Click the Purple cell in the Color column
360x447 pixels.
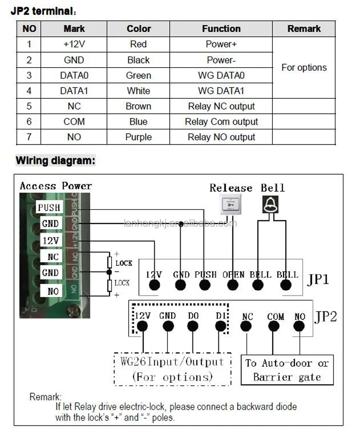(x=138, y=137)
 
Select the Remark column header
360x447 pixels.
(x=304, y=29)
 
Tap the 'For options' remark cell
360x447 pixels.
(x=304, y=68)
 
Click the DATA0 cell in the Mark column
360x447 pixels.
(x=74, y=76)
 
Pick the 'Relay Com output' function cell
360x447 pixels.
(x=221, y=122)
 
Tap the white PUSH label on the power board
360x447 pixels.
(x=49, y=208)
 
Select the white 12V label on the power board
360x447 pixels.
(x=50, y=241)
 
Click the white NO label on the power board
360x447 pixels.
(x=52, y=291)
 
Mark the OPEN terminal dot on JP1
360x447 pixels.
(x=232, y=285)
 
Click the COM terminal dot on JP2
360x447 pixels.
(x=274, y=326)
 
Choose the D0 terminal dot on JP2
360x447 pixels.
(x=193, y=326)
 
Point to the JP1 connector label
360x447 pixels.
(x=318, y=279)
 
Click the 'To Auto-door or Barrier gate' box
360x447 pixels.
(x=287, y=370)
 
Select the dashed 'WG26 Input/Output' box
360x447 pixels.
(x=172, y=369)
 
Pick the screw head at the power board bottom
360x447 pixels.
(x=73, y=309)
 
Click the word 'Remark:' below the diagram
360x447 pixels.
(x=45, y=397)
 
